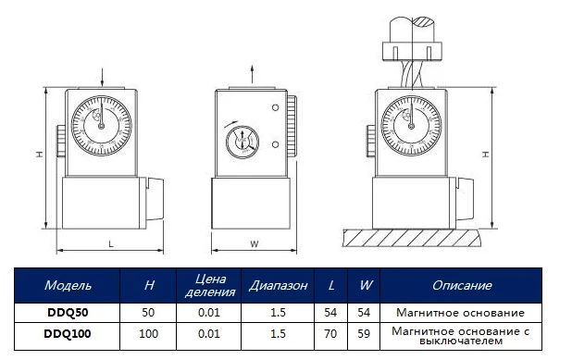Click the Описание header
[461, 286]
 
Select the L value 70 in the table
[331, 331]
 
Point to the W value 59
[364, 331]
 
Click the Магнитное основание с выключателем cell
[461, 331]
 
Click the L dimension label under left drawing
[110, 244]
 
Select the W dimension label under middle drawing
[254, 244]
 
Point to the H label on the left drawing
[40, 155]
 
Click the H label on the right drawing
[487, 155]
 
